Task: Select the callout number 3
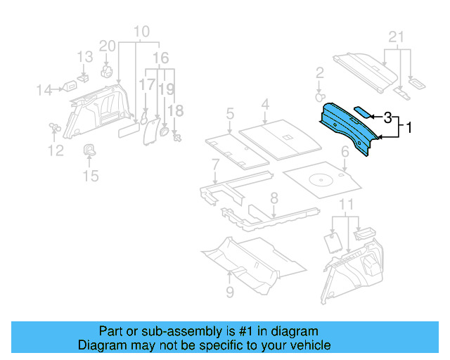[x=387, y=117]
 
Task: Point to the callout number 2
[x=319, y=72]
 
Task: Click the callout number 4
[x=230, y=113]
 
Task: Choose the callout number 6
[x=215, y=164]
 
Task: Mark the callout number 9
[x=230, y=292]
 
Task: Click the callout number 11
[x=345, y=205]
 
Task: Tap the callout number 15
[x=91, y=175]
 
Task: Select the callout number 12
[x=56, y=150]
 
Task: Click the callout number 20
[x=107, y=46]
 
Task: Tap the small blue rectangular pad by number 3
[x=362, y=111]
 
